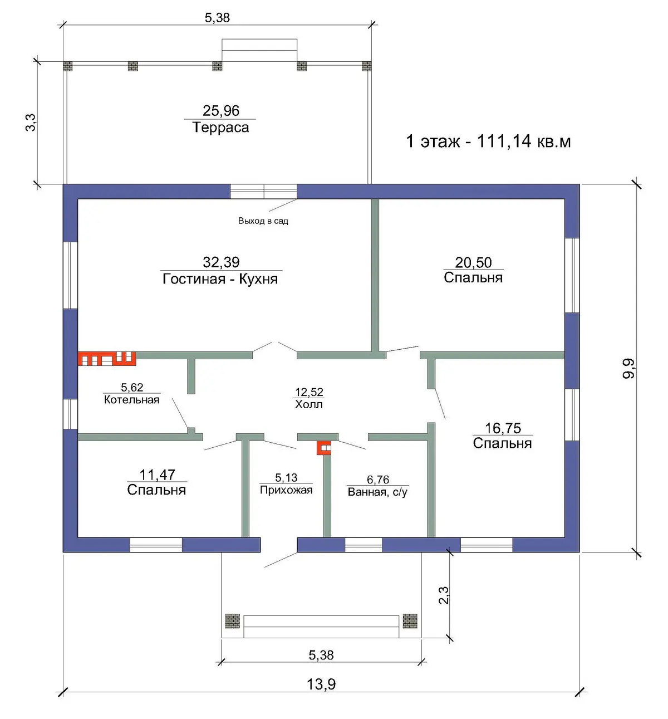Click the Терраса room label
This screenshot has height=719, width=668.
tap(220, 128)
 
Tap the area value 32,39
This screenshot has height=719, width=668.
tap(221, 262)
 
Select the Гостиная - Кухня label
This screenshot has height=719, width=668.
tap(220, 279)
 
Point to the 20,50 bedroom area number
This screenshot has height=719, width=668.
tap(473, 262)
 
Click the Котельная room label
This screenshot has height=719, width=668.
tap(132, 400)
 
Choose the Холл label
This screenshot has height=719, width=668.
tap(308, 404)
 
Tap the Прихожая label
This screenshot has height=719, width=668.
tap(286, 490)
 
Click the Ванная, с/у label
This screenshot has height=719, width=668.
tap(378, 492)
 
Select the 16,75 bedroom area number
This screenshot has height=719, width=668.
tap(503, 428)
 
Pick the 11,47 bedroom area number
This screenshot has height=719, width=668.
tap(158, 475)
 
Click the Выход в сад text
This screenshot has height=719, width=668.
tap(263, 221)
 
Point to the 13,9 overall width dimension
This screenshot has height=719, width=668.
tap(321, 684)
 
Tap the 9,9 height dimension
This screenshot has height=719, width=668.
tap(628, 369)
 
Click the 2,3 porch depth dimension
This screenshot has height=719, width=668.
tap(444, 595)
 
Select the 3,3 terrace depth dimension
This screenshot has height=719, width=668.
tap(31, 123)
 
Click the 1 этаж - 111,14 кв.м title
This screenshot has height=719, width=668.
tap(488, 141)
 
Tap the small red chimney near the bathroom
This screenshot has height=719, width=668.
tap(324, 447)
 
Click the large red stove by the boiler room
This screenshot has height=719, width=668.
tap(107, 359)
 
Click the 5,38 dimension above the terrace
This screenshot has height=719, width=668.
tap(217, 17)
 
